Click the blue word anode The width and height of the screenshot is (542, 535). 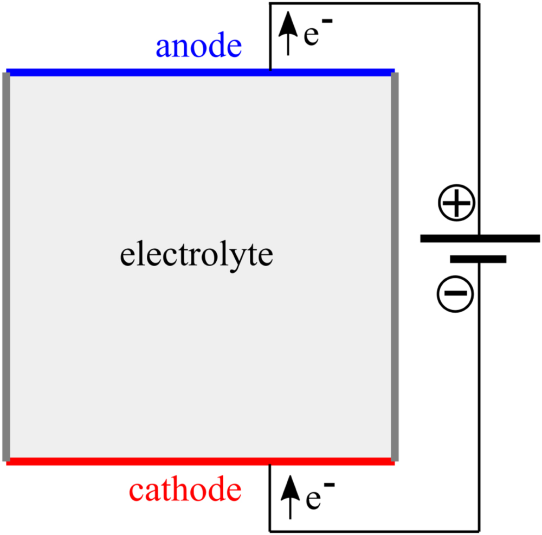pyautogui.click(x=198, y=48)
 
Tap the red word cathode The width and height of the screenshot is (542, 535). pyautogui.click(x=185, y=491)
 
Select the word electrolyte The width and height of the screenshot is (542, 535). pyautogui.click(x=196, y=256)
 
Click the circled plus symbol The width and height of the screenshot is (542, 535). pyautogui.click(x=456, y=204)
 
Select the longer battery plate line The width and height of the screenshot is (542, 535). pyautogui.click(x=480, y=238)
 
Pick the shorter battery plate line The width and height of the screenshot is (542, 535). pyautogui.click(x=478, y=259)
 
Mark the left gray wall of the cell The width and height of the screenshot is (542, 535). pyautogui.click(x=7, y=266)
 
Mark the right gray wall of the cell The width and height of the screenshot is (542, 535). pyautogui.click(x=395, y=266)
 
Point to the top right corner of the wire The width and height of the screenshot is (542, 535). pyautogui.click(x=479, y=4)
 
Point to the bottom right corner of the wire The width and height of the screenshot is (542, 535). pyautogui.click(x=479, y=530)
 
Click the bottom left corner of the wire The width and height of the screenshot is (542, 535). pyautogui.click(x=270, y=530)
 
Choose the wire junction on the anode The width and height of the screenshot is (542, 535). pyautogui.click(x=270, y=71)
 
